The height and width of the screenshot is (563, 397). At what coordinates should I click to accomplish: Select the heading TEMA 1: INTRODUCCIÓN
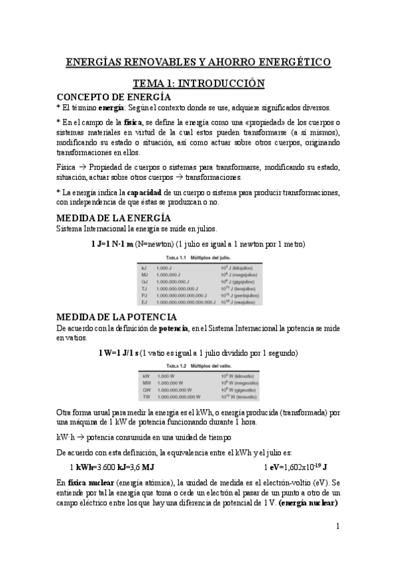coord(198,84)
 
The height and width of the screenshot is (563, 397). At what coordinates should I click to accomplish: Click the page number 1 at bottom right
coord(337,527)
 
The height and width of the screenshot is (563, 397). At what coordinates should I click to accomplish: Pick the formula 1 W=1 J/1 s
coord(117,352)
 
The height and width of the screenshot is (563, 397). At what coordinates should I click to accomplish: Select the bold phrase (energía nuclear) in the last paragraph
coord(308,503)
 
